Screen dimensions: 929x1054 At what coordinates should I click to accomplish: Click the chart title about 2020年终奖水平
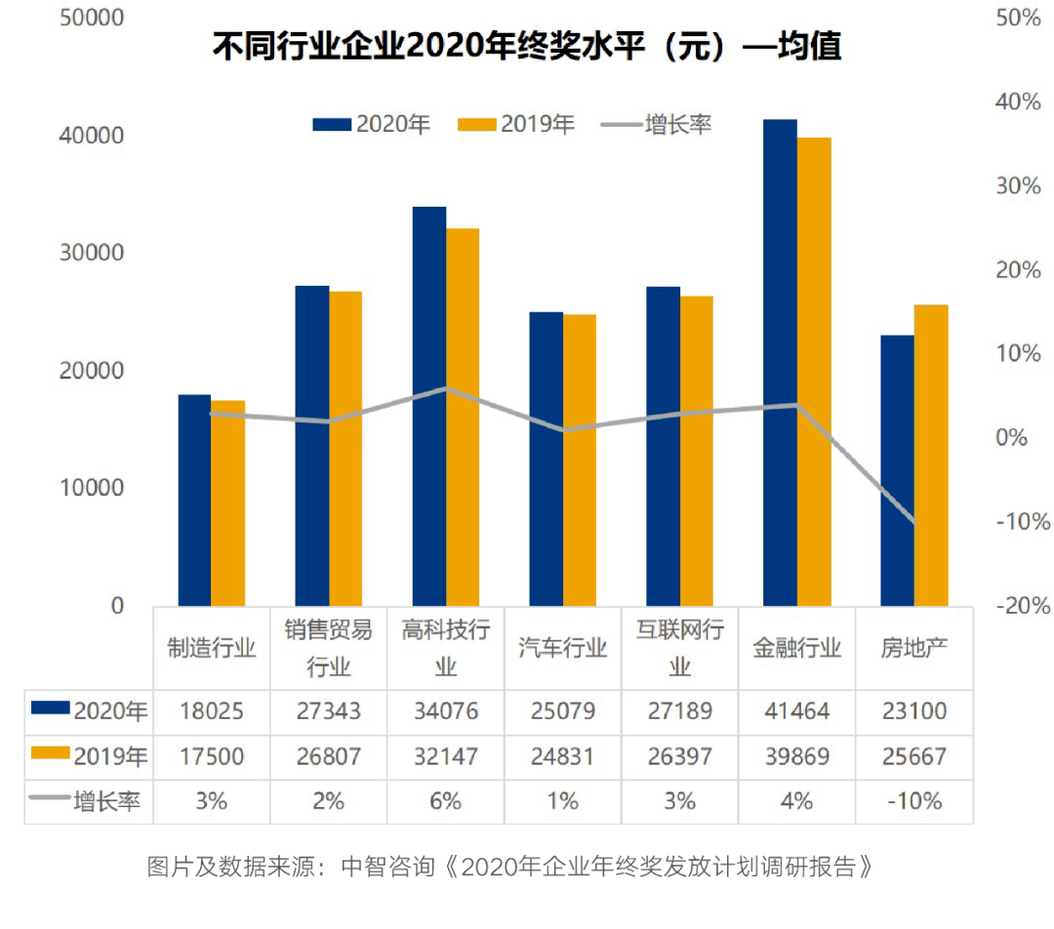click(527, 47)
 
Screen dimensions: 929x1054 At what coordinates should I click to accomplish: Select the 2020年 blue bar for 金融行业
click(780, 362)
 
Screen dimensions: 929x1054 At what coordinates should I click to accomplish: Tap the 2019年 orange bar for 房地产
click(931, 455)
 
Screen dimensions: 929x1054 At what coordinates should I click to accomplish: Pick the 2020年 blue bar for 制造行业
click(194, 500)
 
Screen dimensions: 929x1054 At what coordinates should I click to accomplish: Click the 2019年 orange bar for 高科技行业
click(463, 417)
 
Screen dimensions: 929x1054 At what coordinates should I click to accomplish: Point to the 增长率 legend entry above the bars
click(657, 125)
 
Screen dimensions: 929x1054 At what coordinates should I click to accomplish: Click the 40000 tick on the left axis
click(94, 136)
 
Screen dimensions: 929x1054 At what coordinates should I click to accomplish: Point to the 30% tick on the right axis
click(1019, 185)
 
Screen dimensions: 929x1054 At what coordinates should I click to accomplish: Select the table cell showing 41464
click(796, 711)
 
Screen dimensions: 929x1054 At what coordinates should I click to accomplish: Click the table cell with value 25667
click(913, 756)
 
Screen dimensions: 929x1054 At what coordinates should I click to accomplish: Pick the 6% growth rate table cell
click(445, 801)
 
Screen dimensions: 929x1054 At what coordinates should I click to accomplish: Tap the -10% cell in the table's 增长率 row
click(913, 801)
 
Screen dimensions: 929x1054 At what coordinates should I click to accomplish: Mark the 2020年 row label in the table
click(89, 711)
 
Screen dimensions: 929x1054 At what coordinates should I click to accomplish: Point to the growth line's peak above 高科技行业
click(446, 388)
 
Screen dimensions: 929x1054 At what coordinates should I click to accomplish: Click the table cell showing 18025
click(211, 711)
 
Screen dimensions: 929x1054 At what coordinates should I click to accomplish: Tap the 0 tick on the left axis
click(117, 606)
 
